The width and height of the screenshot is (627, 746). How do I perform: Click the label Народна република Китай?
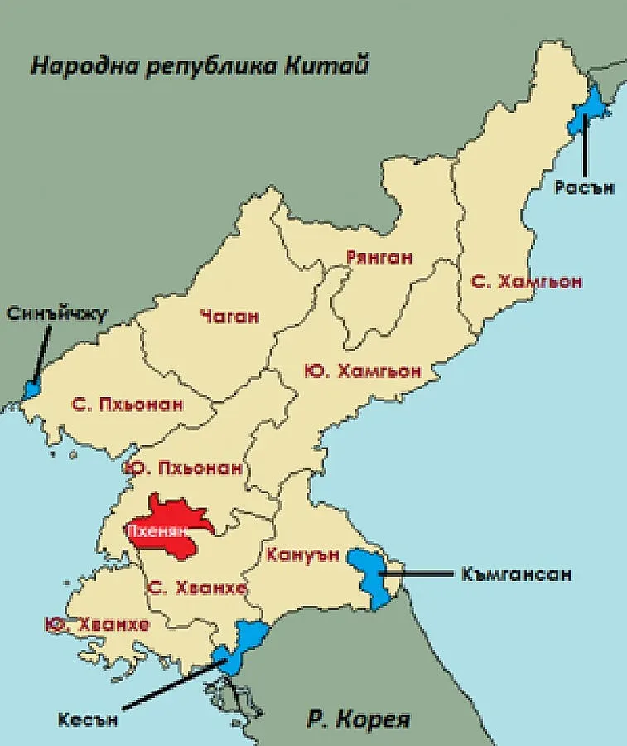coord(200,65)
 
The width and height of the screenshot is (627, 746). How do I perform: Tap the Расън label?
coord(585,187)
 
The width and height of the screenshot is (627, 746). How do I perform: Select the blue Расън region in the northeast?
coord(589,110)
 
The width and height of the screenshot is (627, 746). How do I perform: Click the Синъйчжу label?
coord(57,313)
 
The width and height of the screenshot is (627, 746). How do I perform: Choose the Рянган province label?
coord(379,258)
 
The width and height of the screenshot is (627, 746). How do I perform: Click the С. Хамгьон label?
coord(526,282)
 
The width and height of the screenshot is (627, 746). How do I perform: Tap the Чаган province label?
coord(229,316)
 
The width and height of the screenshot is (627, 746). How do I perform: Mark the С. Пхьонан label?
coord(128,405)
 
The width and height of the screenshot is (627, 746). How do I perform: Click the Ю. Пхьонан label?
coord(183,468)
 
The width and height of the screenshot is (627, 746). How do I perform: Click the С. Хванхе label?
coord(196,589)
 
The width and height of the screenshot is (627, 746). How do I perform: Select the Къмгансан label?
coord(517,574)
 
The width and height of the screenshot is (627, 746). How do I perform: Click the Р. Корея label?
coord(359,719)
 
